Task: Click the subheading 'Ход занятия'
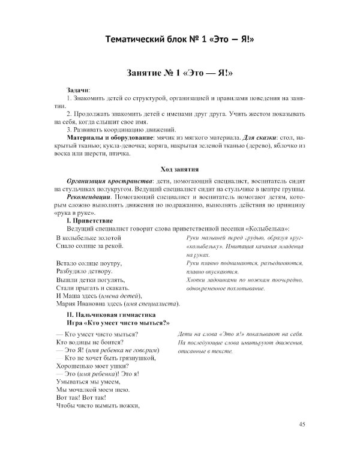[180, 169]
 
